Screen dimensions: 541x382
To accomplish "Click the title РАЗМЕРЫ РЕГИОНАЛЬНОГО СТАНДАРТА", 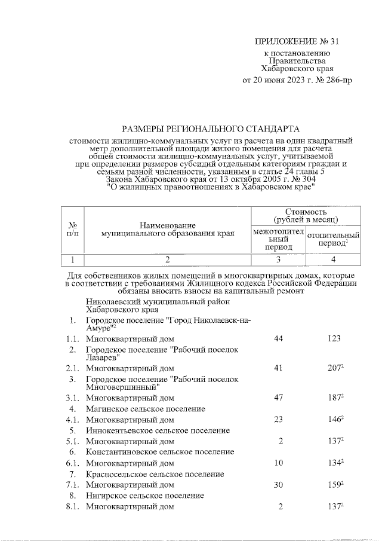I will pos(211,129).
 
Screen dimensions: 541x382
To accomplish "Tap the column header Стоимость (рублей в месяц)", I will pos(306,215).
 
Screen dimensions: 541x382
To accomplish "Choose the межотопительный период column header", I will pos(278,239).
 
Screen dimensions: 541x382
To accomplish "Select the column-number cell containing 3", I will pos(278,259).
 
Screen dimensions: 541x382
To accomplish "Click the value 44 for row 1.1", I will pos(278,338).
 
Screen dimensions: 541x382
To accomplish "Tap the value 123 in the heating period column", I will pos(334,338).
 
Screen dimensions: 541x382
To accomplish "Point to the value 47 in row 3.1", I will pos(278,397).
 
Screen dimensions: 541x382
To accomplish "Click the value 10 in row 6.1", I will pos(278,463).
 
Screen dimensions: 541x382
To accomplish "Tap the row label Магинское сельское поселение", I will pos(146,409).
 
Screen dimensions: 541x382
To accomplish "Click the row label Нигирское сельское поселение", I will pos(145,496).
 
